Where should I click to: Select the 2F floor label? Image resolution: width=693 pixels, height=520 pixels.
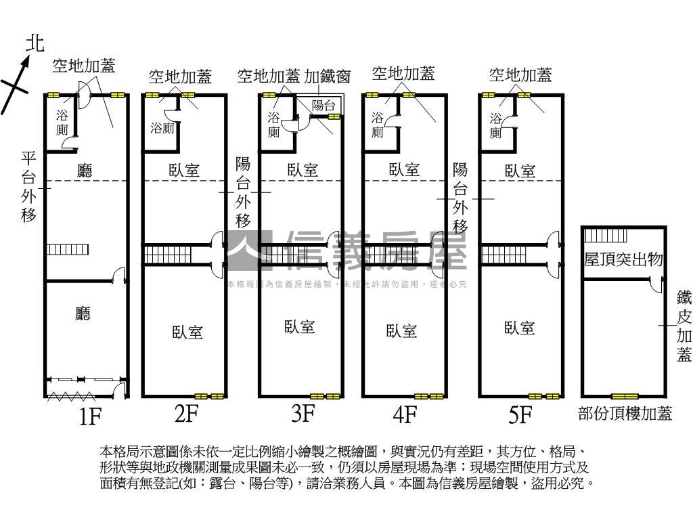point(185,413)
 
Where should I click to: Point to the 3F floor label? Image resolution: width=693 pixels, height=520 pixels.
point(304,413)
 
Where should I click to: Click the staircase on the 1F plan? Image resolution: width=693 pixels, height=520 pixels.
point(60,249)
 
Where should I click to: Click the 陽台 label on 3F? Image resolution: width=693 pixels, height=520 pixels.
point(323,105)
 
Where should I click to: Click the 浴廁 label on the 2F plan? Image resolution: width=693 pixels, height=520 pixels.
point(163,127)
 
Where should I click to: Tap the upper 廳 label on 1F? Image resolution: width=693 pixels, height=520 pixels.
point(85,170)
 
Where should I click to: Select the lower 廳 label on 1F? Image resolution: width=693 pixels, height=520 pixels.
point(83,313)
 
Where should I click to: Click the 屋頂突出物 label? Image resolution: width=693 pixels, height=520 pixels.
point(623,259)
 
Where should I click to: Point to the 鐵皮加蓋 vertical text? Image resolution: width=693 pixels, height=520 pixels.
point(684,326)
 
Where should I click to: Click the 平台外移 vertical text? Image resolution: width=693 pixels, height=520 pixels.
point(29,188)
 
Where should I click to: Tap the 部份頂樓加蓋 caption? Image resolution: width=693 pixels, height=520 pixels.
point(625,414)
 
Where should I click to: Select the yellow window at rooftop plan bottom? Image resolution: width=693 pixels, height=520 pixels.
point(624,395)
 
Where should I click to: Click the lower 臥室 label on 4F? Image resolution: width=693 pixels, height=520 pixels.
point(401,330)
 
